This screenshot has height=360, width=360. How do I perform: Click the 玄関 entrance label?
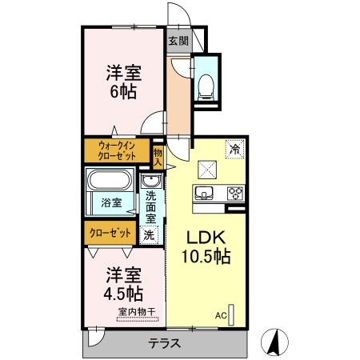(178, 41)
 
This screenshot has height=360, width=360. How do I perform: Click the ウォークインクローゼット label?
(117, 150)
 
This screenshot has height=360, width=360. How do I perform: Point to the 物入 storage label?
(158, 156)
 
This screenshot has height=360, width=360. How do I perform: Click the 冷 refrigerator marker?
(235, 148)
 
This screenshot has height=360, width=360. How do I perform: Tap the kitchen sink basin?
(205, 192)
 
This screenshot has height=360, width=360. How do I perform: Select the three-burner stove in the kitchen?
(234, 192)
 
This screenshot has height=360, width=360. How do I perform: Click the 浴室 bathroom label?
(112, 202)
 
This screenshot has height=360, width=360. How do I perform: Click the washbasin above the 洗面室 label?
(150, 181)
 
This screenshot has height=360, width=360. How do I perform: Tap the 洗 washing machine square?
(149, 235)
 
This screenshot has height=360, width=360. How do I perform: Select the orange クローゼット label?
(110, 233)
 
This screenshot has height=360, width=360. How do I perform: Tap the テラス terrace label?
(163, 343)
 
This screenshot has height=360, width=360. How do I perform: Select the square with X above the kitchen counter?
(205, 167)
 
